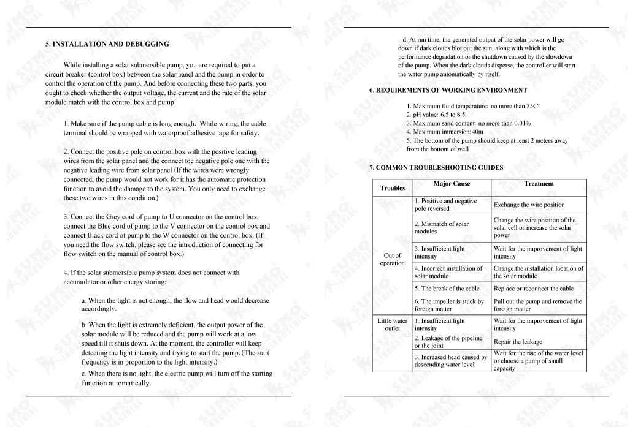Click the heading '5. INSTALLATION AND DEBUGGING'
(x=107, y=44)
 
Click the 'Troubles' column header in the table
(x=393, y=187)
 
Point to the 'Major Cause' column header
(x=452, y=184)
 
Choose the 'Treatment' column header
(x=539, y=184)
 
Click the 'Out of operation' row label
(x=393, y=259)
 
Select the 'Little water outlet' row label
(x=393, y=324)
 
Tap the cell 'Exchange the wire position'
(x=529, y=205)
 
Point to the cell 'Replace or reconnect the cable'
(x=533, y=289)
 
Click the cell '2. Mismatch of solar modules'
(x=441, y=227)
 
